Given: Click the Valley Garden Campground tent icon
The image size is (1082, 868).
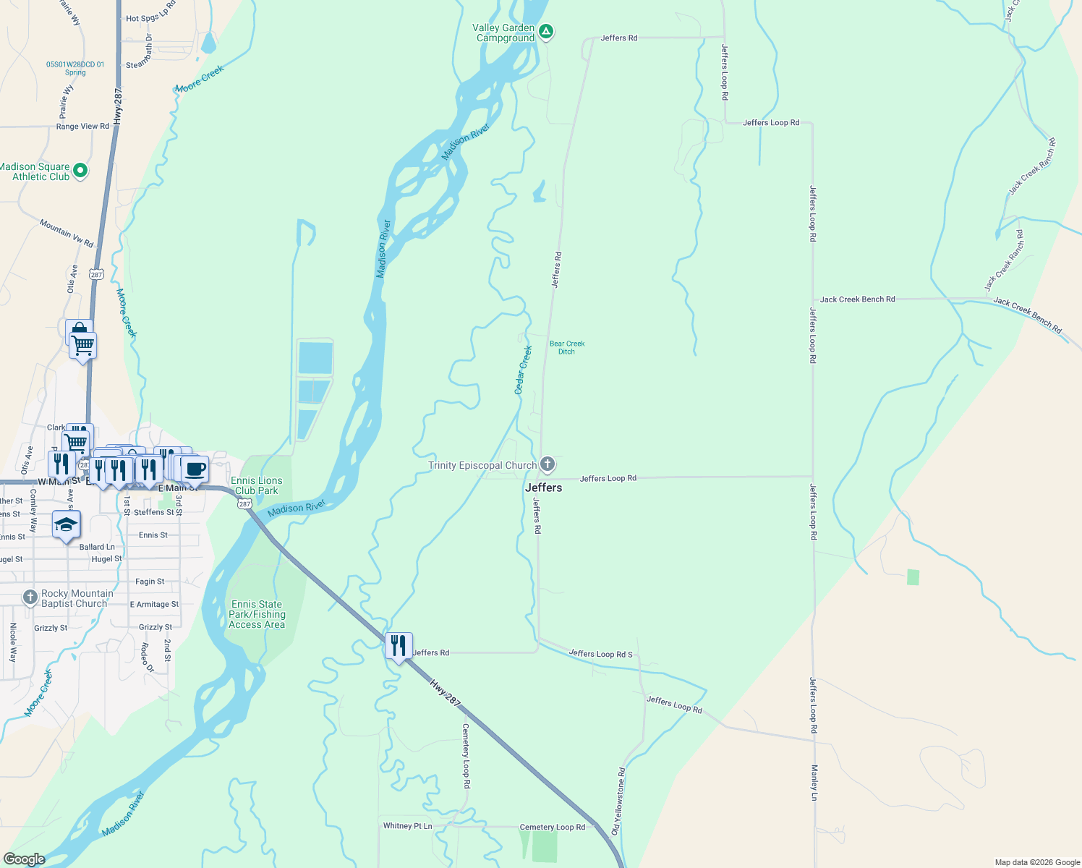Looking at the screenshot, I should (547, 31).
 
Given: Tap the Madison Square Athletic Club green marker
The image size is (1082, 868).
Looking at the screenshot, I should (80, 171).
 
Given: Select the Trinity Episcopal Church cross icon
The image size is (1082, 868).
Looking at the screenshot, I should (548, 464).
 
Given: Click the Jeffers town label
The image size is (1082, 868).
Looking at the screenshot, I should (543, 488).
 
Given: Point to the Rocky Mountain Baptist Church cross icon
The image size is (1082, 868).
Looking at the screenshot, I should (30, 597).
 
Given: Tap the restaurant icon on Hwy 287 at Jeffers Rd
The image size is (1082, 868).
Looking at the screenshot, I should (399, 645).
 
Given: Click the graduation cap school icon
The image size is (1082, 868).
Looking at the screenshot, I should (66, 524).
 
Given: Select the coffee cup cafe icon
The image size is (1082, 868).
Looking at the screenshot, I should (195, 469).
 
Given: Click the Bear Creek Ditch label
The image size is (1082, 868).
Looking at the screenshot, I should (567, 348).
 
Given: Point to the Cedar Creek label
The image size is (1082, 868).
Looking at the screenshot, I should (523, 370).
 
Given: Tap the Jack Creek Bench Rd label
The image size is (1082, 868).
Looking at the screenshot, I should (857, 299).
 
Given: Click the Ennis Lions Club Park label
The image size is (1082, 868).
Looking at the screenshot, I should (257, 485).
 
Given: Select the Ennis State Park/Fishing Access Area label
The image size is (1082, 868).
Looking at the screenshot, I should (257, 614).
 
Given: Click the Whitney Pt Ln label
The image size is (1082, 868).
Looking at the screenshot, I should (407, 826).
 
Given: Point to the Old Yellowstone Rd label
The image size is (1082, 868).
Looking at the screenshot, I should (621, 801).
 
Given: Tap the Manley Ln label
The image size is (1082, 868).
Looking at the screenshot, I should (814, 782).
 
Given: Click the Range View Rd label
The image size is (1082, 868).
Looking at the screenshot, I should (82, 126).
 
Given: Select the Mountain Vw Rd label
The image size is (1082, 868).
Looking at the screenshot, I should (67, 233).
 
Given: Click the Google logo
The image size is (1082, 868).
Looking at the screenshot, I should (24, 859).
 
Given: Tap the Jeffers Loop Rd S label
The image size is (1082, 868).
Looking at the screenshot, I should (600, 654).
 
